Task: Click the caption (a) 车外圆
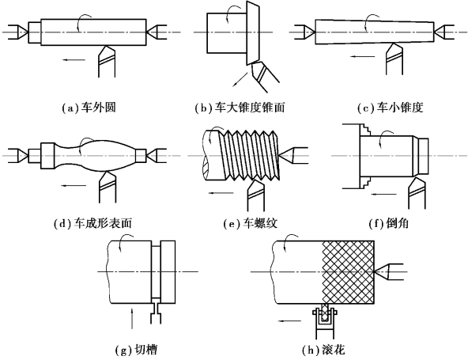pos(89,108)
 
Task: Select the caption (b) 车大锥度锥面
pos(240,108)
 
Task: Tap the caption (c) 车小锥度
pos(391,108)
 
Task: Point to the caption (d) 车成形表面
pos(92,223)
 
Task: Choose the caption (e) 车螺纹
pos(251,223)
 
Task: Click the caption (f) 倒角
pos(389,223)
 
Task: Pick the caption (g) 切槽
pos(136,349)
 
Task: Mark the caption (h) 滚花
pos(323,349)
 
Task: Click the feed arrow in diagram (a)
pos(74,60)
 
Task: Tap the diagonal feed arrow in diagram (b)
pos(240,79)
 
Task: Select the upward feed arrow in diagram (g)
pos(131,319)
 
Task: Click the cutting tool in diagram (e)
pos(256,195)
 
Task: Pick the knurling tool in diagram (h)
pos(325,321)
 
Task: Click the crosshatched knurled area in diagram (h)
pos(349,272)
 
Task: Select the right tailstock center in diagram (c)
pos(444,32)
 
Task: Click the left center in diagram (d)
pos(18,155)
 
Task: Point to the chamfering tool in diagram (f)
pos(417,193)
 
